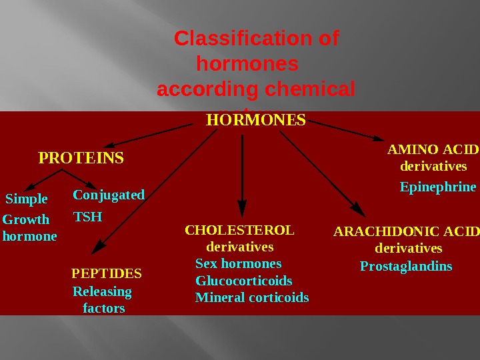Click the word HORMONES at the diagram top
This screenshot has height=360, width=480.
[x=256, y=121]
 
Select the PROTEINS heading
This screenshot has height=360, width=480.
[x=81, y=159]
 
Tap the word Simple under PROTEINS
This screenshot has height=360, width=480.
[x=27, y=199]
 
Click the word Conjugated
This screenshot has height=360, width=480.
[x=109, y=195]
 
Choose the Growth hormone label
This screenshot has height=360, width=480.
[x=29, y=227]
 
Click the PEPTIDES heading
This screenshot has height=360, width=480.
[x=107, y=273]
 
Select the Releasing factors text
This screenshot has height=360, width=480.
[x=103, y=300]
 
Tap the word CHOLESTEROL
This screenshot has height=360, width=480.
[x=239, y=231]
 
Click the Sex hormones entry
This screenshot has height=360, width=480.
[x=239, y=263]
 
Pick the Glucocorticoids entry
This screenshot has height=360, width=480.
[x=244, y=281]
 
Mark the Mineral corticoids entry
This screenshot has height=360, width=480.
[x=252, y=297]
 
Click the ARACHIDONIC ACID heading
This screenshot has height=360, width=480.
[x=406, y=231]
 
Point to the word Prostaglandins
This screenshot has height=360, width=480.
[x=406, y=267]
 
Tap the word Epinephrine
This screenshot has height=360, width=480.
[x=438, y=187]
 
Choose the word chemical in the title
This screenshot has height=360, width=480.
[x=310, y=89]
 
